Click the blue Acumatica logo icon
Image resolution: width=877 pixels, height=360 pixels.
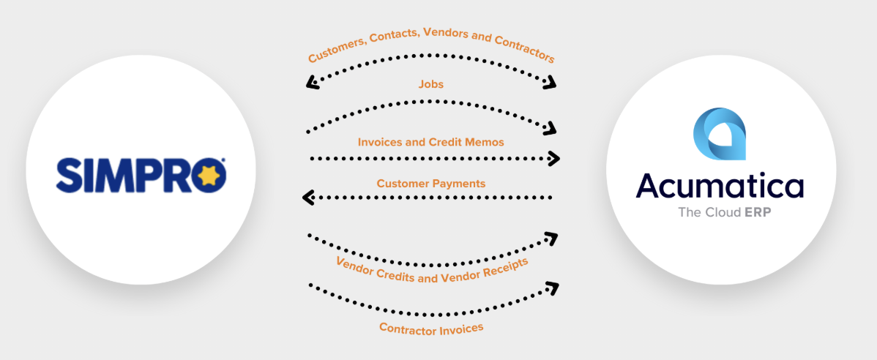tap(719, 133)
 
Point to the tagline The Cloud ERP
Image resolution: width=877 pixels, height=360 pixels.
tap(720, 213)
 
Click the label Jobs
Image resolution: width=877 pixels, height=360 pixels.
tap(430, 84)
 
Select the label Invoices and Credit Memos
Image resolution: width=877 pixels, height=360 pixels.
tap(430, 142)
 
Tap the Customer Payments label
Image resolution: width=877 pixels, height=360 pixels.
tap(430, 183)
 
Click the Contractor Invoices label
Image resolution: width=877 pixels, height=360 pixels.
tap(431, 329)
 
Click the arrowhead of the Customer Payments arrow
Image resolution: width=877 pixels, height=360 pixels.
tap(308, 197)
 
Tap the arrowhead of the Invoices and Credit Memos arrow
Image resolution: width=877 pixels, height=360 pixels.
tap(554, 158)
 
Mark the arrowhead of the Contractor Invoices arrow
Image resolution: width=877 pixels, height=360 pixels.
tap(553, 287)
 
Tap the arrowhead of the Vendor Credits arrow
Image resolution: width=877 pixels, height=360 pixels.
tap(551, 237)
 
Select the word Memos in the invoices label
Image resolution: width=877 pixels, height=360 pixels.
tap(486, 142)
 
